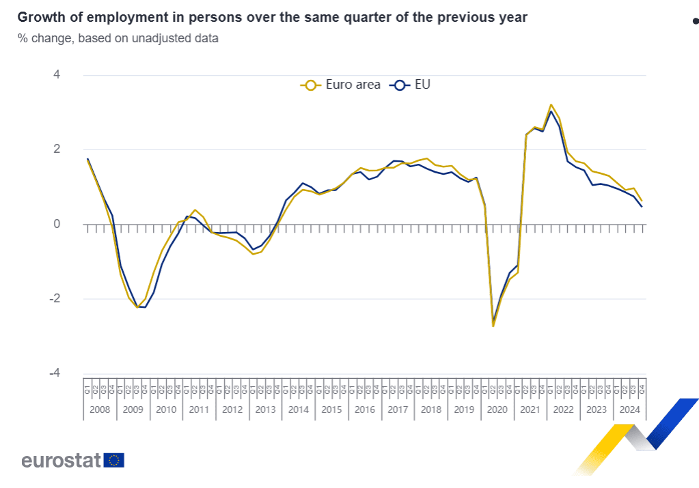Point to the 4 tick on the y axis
(x=57, y=74)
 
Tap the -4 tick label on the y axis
(x=55, y=374)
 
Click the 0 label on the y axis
(x=57, y=224)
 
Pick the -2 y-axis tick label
(x=55, y=299)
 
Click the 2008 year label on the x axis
(x=100, y=410)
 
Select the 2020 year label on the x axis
(x=497, y=410)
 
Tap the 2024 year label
(x=629, y=410)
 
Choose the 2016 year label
(x=364, y=410)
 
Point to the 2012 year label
(x=232, y=410)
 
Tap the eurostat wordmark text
(x=61, y=461)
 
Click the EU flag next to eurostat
(x=114, y=461)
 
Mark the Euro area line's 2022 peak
(x=551, y=104)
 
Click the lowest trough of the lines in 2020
(x=493, y=326)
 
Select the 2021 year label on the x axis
(x=530, y=410)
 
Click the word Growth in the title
(x=38, y=18)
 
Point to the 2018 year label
(x=430, y=410)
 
